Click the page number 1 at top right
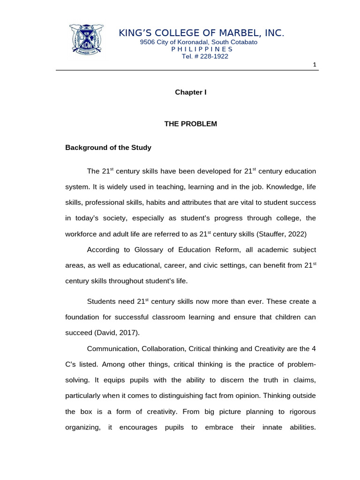(315, 65)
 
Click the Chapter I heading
(191, 92)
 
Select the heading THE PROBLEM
(191, 124)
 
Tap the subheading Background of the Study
(108, 148)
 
